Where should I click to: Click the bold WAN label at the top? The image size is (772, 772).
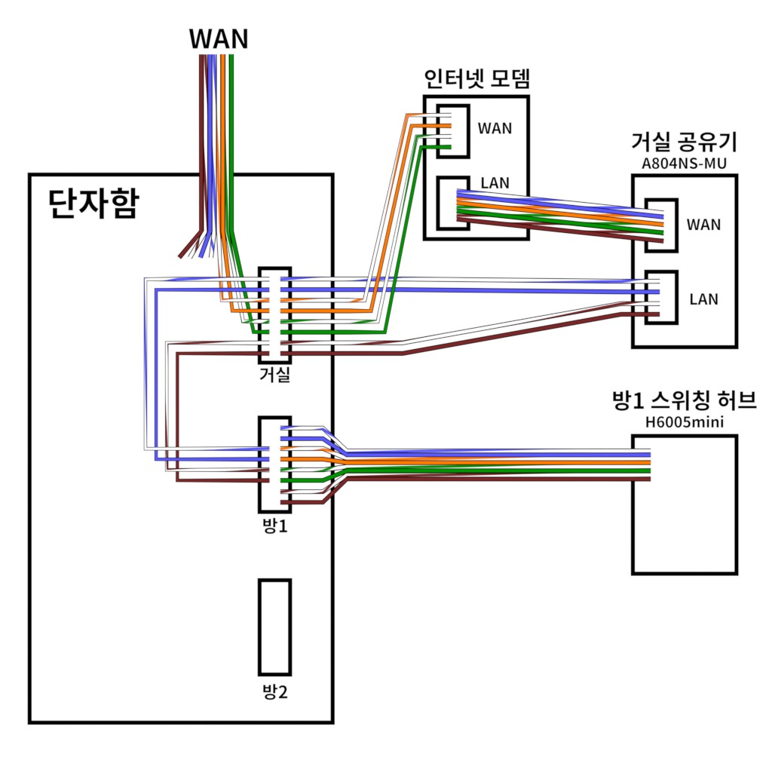pos(219,39)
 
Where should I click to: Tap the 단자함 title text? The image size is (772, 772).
pos(93,203)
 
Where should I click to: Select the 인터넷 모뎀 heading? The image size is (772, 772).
pos(476,78)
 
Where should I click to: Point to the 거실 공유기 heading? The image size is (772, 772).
pos(684,142)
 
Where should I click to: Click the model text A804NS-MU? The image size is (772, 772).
pos(684,164)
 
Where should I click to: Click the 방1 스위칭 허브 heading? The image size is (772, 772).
pos(685,400)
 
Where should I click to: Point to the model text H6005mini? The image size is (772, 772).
pos(685,422)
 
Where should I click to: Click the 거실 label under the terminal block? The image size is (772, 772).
pos(274,375)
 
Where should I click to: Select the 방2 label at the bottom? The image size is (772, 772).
pos(274,692)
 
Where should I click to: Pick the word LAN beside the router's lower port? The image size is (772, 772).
pos(703,299)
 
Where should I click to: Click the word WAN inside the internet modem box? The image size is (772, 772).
pos(495,128)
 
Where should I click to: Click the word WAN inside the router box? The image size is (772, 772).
pos(703,225)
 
